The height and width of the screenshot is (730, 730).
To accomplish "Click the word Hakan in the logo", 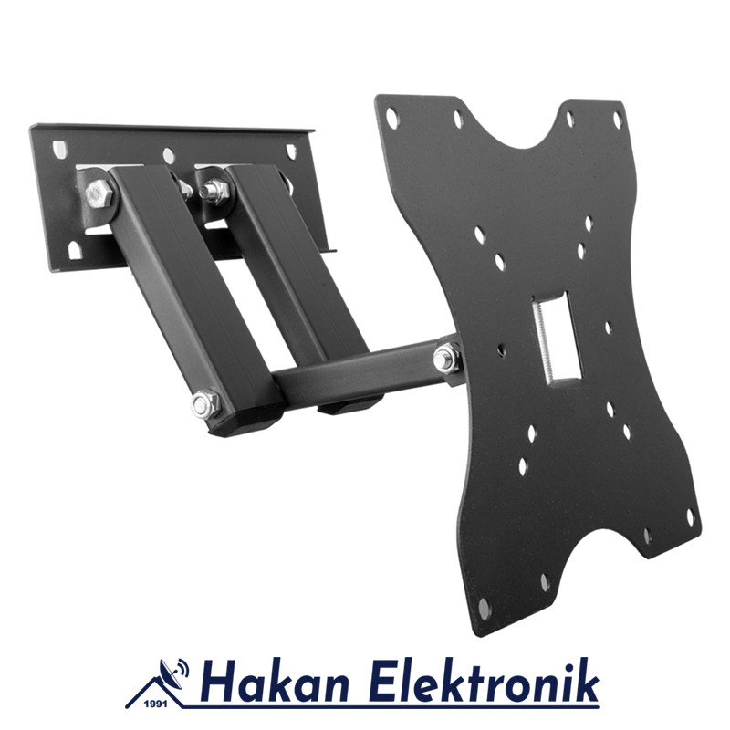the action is (270, 683).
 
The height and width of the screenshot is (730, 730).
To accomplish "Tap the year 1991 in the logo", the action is (157, 704).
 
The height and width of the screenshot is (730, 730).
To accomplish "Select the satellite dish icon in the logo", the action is (171, 673).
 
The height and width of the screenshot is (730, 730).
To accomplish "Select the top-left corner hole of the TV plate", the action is (392, 116).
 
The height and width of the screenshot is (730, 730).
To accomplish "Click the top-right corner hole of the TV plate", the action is (618, 120).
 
